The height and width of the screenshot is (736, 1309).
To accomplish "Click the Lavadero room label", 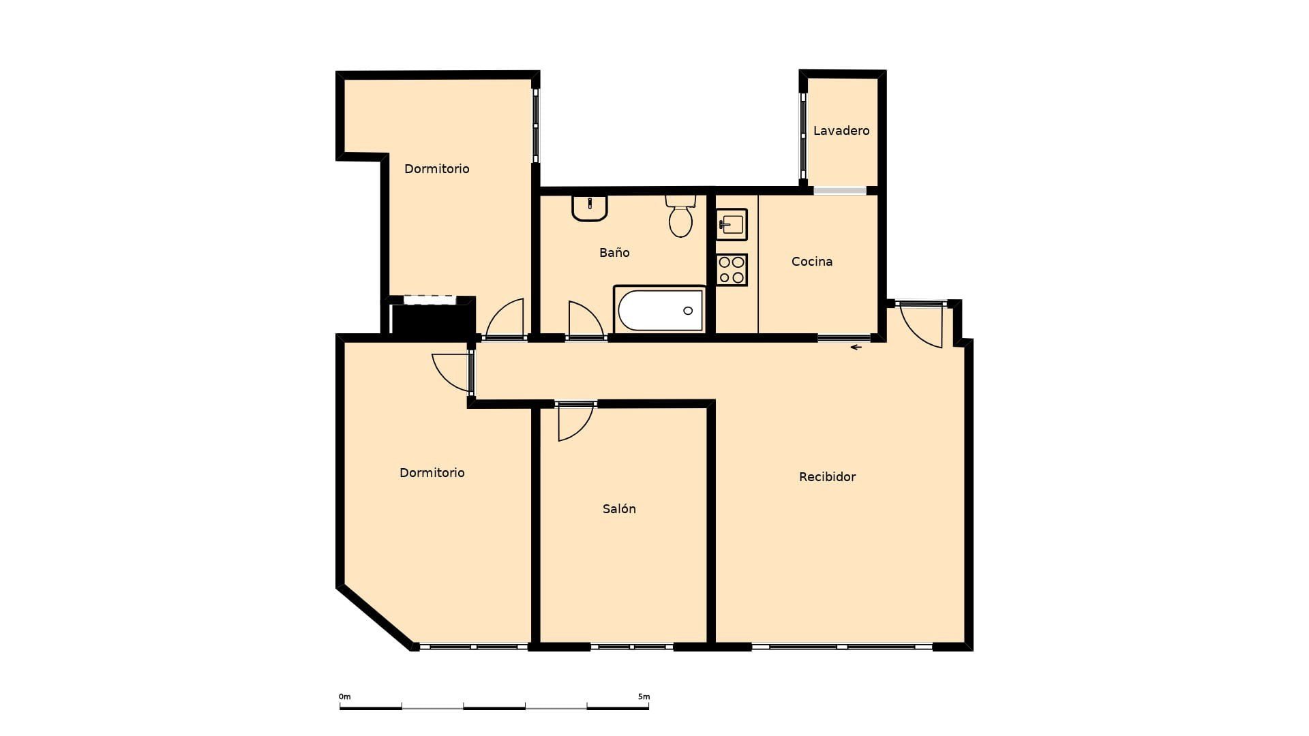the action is pos(841,130).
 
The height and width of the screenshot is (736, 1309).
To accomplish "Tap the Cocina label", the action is pos(811,261).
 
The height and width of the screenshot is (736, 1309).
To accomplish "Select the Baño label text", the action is pos(614,252).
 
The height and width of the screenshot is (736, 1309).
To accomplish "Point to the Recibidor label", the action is pos(827,476).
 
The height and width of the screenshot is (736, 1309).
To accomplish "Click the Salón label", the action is pos(619,508).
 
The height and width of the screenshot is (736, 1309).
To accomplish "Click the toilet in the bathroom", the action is pos(680,216).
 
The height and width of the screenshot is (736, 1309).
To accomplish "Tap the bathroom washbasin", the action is pos(590,208).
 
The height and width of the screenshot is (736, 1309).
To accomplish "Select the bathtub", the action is pos(660,309).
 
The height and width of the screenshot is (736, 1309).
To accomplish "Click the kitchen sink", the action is pos(732,224).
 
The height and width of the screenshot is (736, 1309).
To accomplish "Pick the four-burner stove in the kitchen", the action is pos(732,270).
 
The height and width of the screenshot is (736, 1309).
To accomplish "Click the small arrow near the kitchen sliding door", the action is pos(856,348).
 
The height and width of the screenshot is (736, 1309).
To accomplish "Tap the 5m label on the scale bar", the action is pos(644,696).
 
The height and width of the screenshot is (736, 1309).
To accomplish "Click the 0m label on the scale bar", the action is pos(345,696).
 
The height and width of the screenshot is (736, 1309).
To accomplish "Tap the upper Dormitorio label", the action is pos(436,168).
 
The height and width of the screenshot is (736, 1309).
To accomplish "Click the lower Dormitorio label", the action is pos(432,472).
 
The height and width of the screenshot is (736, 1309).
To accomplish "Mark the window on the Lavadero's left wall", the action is pos(803,136).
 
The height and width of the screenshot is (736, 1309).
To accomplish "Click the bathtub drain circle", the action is pos(688,311).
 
